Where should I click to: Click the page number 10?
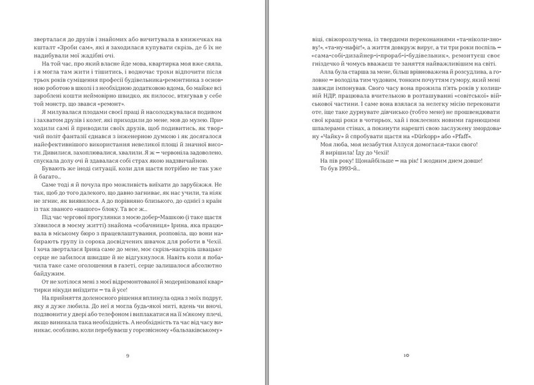pyautogui.click(x=405, y=354)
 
